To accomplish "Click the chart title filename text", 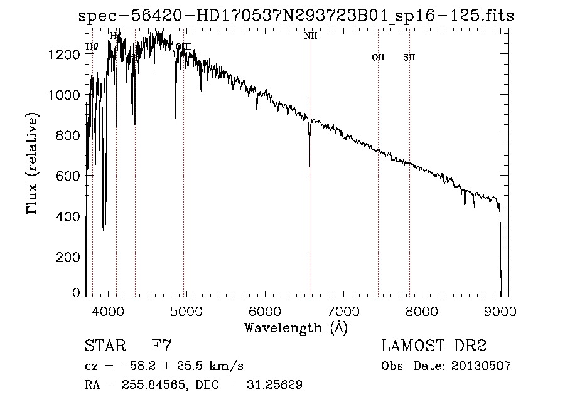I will (x=296, y=16).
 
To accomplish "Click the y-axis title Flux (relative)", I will (x=32, y=163).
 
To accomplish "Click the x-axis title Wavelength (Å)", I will (x=296, y=327).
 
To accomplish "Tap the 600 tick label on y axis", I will (x=68, y=176).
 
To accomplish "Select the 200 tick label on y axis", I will (x=68, y=256).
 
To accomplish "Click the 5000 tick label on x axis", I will (x=186, y=310).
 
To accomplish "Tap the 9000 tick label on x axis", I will (x=500, y=310).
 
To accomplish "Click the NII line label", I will (x=311, y=36).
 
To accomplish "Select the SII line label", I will (x=409, y=58).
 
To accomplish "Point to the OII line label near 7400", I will (x=378, y=58).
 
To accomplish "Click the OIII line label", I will (x=183, y=46).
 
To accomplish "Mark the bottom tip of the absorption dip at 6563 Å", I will (x=309, y=166).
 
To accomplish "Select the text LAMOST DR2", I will (x=434, y=346).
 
